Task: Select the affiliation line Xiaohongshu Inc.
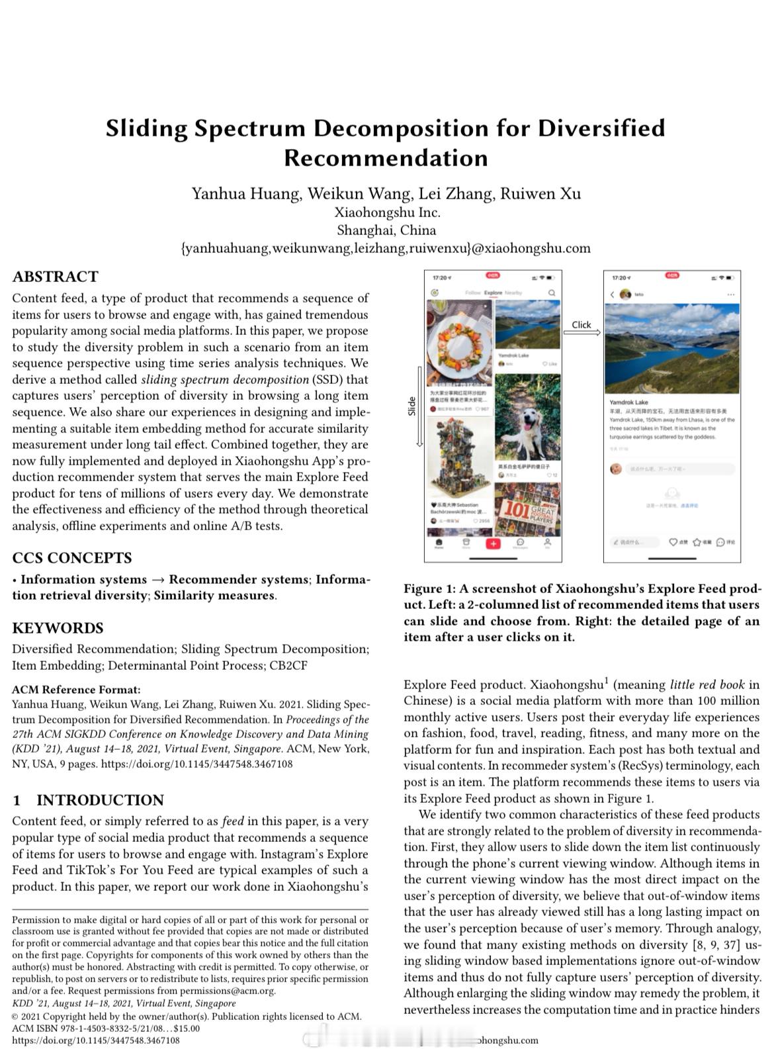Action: pos(387,212)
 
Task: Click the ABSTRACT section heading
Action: pos(55,277)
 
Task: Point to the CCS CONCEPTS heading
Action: pos(71,558)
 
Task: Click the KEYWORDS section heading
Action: pos(58,628)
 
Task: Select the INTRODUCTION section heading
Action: pos(99,800)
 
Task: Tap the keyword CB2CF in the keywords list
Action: pos(288,665)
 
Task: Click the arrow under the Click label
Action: pos(582,333)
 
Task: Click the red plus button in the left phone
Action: pos(493,543)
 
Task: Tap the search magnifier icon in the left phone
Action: pos(552,293)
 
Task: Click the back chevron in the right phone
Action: pos(612,295)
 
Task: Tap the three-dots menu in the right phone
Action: pos(730,295)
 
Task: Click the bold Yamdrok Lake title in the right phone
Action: pos(628,402)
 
